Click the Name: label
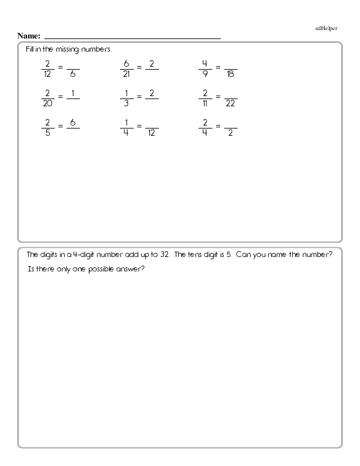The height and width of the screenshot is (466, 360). click(29, 37)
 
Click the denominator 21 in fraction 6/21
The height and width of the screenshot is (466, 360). click(127, 75)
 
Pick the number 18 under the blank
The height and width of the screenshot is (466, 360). click(230, 75)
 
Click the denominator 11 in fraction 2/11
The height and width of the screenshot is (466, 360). click(205, 102)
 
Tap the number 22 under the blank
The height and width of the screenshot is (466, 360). click(230, 103)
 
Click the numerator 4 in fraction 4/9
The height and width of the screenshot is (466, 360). click(205, 62)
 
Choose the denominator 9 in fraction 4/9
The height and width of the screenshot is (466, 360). click(205, 75)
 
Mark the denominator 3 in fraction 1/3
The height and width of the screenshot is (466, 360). click(127, 102)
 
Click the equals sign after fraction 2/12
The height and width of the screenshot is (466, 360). click(60, 68)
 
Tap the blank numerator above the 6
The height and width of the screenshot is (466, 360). click(73, 62)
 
